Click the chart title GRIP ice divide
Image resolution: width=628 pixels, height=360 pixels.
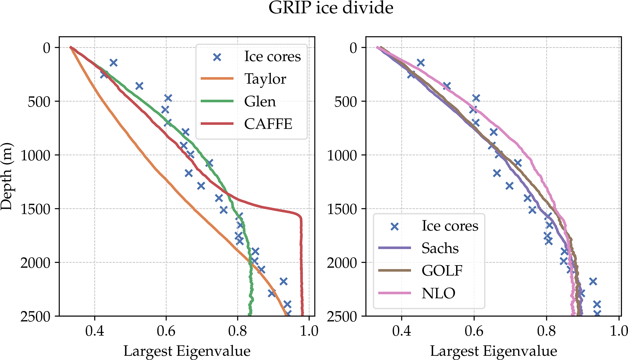point(331,8)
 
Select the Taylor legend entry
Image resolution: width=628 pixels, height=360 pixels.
point(265,79)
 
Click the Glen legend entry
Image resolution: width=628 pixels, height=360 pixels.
point(260,101)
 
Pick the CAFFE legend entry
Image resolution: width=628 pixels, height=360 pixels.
point(268,124)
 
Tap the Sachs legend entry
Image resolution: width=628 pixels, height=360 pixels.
point(440,248)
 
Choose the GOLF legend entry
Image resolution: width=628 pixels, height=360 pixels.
point(442,271)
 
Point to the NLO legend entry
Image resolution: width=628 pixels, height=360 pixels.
point(438,293)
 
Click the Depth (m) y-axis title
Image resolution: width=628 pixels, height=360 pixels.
point(7,176)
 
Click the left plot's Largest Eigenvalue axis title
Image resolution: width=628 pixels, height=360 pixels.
point(187,351)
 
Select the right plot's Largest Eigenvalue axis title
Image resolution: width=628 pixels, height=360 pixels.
point(493,351)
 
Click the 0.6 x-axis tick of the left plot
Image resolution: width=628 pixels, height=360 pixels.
point(166,331)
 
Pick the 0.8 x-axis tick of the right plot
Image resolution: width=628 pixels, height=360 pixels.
point(547,331)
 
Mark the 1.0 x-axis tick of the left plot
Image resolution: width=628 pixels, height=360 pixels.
point(309,331)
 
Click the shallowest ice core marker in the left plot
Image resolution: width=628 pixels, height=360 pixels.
point(113,63)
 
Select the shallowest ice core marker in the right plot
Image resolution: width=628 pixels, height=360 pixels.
point(420,63)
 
